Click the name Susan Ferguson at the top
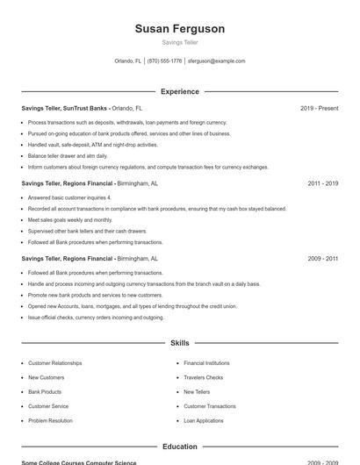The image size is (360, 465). click(x=179, y=29)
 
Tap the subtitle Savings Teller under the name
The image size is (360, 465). click(x=179, y=43)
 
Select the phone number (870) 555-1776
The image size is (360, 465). click(x=165, y=61)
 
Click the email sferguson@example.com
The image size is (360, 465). click(x=217, y=61)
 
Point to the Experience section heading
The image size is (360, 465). click(x=179, y=91)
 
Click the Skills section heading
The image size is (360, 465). click(x=179, y=343)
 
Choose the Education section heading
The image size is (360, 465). click(x=179, y=447)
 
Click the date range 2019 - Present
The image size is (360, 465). click(x=319, y=108)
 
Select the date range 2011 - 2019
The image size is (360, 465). click(x=323, y=184)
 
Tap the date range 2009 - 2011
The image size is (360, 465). click(x=323, y=259)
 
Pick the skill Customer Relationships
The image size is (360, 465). click(x=54, y=363)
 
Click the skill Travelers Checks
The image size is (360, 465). click(x=203, y=377)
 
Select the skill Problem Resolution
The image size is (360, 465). click(x=50, y=421)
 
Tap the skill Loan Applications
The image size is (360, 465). click(x=203, y=421)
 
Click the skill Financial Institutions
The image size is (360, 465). click(x=206, y=363)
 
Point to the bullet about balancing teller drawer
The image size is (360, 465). click(x=68, y=155)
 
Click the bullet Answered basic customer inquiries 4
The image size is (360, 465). click(x=69, y=198)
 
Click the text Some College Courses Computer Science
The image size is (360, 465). click(x=78, y=462)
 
